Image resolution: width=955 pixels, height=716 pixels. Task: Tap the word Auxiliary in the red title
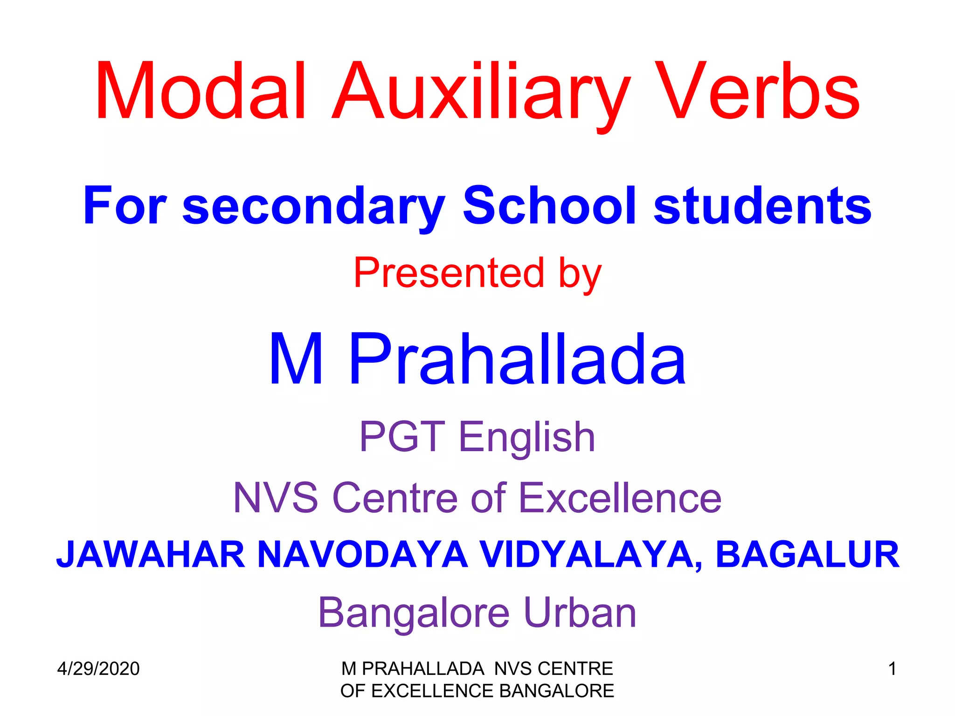[480, 93]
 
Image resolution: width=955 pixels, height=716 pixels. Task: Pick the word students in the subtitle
[762, 205]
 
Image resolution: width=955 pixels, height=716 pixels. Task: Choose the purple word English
[527, 438]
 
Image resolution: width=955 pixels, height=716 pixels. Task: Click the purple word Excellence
[620, 498]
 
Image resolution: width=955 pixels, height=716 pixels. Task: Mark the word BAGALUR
[807, 555]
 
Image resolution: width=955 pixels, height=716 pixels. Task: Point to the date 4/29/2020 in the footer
[98, 669]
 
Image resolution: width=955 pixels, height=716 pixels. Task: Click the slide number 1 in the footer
[892, 669]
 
